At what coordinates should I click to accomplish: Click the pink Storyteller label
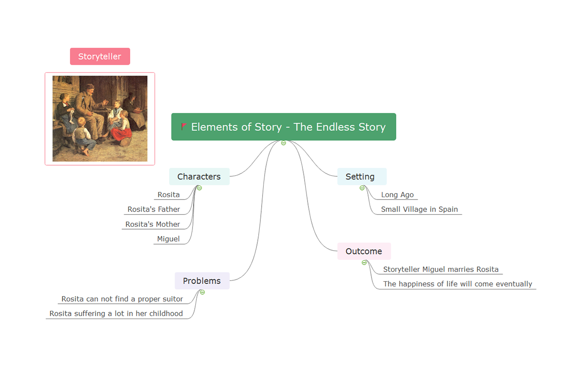[x=100, y=56]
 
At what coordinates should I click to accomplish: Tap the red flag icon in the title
[x=184, y=127]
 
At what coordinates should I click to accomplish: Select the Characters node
[x=199, y=177]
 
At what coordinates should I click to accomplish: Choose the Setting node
[x=362, y=177]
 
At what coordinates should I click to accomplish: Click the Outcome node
[x=364, y=251]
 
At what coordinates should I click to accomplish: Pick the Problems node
[x=202, y=281]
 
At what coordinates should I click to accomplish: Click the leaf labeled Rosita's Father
[x=154, y=209]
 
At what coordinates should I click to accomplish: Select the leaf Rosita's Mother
[x=153, y=224]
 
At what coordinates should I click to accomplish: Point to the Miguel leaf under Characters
[x=168, y=239]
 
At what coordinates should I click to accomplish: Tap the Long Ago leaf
[x=397, y=195]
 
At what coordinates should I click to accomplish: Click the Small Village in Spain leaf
[x=419, y=209]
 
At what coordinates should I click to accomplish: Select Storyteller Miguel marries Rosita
[x=441, y=269]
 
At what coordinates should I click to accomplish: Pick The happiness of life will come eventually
[x=457, y=284]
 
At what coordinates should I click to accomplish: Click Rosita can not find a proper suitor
[x=122, y=299]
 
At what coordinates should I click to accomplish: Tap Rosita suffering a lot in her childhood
[x=116, y=313]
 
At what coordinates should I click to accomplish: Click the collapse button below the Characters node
[x=200, y=188]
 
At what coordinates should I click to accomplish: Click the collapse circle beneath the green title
[x=284, y=143]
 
